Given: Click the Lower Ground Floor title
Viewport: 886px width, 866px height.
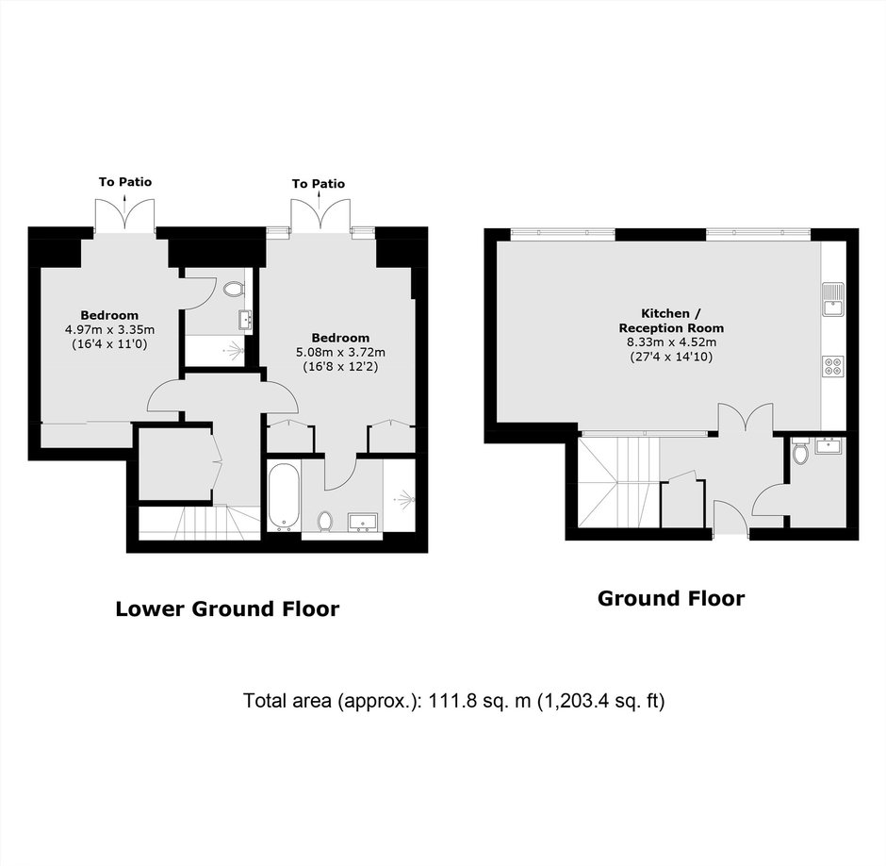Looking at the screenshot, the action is (x=227, y=608).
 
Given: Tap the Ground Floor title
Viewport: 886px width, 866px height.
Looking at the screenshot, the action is (x=671, y=598).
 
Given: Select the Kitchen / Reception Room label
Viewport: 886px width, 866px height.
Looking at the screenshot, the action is (x=671, y=321).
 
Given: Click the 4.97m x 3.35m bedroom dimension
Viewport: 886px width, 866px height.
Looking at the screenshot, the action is (x=109, y=330).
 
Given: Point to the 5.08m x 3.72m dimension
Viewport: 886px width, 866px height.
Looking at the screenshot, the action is (x=340, y=353).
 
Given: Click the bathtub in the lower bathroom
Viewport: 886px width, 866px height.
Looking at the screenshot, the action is (x=284, y=497).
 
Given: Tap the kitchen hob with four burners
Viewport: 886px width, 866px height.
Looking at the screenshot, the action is (x=833, y=366).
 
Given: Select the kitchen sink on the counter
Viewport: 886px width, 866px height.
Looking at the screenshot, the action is (x=833, y=299).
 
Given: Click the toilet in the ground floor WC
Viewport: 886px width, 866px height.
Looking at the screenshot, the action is (x=801, y=451).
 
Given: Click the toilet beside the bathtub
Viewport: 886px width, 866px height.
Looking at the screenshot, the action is (x=325, y=521).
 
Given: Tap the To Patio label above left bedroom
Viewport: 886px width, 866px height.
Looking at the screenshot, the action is (x=125, y=182).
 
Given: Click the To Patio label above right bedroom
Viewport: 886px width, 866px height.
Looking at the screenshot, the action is (x=319, y=184).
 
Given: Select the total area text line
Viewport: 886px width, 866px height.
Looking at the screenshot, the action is (x=453, y=701).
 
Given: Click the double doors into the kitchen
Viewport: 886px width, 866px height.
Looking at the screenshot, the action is (x=746, y=419).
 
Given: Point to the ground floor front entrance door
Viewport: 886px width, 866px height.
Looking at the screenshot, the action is (x=731, y=516).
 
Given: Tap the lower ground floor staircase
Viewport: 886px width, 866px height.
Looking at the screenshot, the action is (x=200, y=524).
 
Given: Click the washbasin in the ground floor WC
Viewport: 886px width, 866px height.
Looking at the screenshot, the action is (x=829, y=445).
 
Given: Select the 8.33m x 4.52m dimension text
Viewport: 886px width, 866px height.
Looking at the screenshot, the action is (x=671, y=342).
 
